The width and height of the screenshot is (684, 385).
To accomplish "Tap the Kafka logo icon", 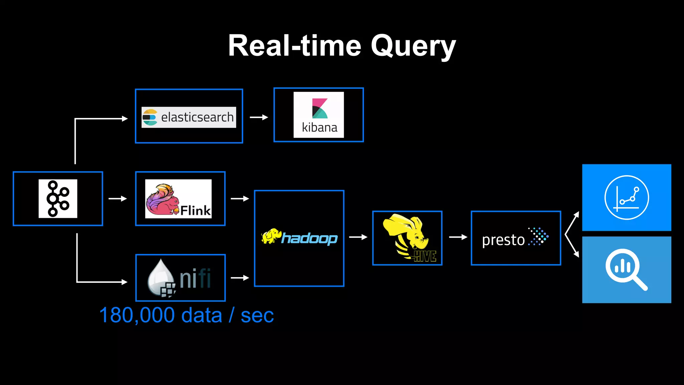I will click(58, 199).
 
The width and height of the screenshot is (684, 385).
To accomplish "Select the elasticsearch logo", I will click(189, 117).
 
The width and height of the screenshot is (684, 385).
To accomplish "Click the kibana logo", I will click(319, 115).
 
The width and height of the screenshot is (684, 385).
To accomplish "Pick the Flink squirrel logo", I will click(178, 199).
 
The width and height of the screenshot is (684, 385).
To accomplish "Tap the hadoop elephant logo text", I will click(299, 238).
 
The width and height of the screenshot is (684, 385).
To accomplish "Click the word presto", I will click(503, 240).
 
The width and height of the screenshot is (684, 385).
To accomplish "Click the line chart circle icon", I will click(627, 198).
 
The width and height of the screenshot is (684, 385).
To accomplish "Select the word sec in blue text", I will click(257, 315).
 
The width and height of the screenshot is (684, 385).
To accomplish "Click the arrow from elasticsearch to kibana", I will click(259, 117).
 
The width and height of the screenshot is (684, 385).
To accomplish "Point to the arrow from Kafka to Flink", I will click(118, 199).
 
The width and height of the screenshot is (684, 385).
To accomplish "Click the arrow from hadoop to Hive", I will click(358, 237).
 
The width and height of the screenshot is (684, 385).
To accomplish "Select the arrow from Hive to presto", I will click(458, 237).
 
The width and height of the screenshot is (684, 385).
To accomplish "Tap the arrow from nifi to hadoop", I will click(240, 278).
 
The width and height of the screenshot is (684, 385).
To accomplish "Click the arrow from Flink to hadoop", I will click(240, 199).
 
